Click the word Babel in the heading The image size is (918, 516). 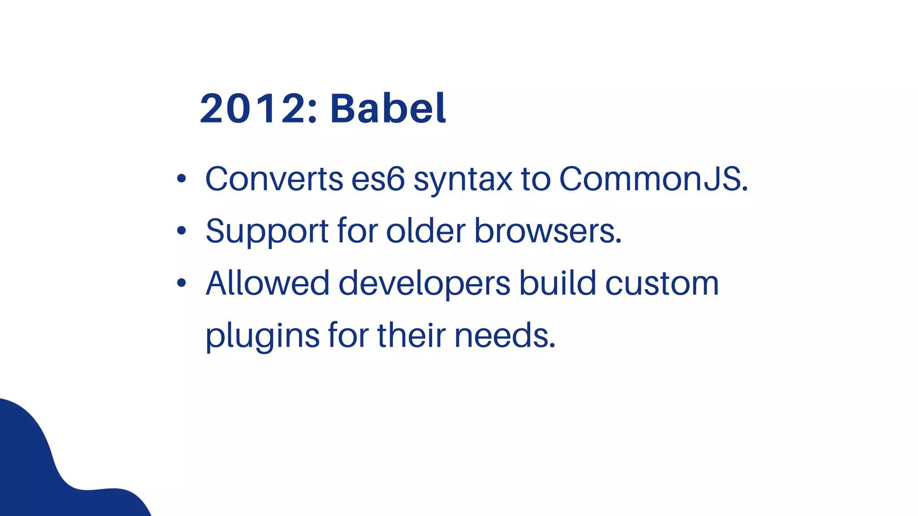coord(388,108)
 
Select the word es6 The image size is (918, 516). coord(378,179)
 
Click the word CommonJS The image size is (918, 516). coord(653,179)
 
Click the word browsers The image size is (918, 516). coord(548,231)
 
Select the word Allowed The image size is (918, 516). coord(268,283)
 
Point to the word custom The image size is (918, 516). coord(662,284)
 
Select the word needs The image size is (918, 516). coord(505,336)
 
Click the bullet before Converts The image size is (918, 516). coord(181,179)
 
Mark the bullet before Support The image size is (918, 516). coord(181,231)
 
